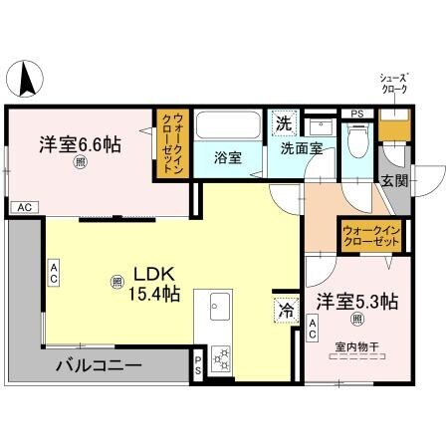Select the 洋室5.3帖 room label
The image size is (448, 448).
coord(358,301)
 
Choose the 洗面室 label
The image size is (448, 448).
coord(300,148)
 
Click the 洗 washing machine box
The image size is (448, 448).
coord(284,124)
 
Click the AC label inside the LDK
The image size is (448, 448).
coord(55,272)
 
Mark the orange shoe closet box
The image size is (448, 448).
coord(395,124)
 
